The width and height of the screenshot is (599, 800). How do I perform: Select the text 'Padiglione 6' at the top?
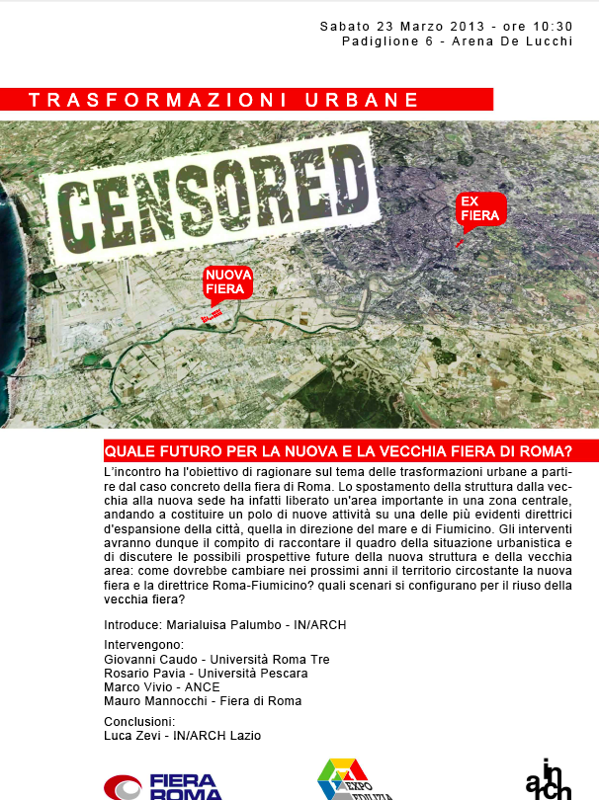[x=386, y=40]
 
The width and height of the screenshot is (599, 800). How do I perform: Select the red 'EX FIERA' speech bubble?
[x=480, y=209]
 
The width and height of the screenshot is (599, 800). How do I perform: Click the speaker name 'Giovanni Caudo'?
[x=148, y=659]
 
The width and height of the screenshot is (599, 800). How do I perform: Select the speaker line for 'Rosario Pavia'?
[x=206, y=673]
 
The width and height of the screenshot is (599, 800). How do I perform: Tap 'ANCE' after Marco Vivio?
[x=203, y=686]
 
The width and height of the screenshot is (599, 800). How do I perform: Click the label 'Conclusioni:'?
[x=139, y=721]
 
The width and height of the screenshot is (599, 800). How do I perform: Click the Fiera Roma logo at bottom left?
[x=163, y=786]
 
